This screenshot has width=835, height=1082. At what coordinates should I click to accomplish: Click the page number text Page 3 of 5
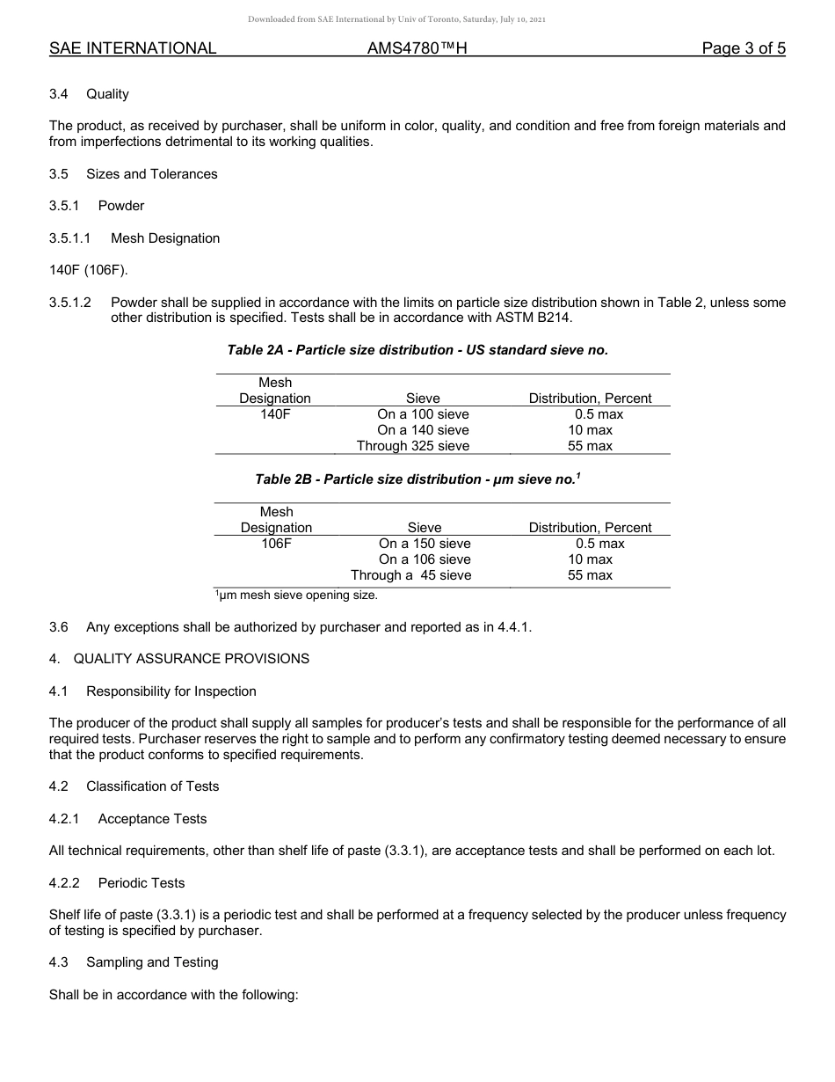743,49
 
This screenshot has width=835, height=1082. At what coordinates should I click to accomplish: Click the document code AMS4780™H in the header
417,49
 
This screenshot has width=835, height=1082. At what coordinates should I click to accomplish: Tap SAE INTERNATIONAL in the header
133,49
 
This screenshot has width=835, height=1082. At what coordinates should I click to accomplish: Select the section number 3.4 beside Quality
59,94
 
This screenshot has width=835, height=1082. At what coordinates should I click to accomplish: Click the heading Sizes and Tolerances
151,174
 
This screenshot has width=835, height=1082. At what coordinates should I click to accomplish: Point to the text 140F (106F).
89,270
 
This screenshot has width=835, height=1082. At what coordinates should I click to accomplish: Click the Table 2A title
417,350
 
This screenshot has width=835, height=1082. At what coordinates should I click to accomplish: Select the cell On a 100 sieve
423,414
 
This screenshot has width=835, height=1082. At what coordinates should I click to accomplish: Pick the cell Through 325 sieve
413,446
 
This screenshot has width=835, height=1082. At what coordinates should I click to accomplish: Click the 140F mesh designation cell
275,414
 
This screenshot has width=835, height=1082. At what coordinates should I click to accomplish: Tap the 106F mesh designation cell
276,544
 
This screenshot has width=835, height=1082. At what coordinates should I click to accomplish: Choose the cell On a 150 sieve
425,544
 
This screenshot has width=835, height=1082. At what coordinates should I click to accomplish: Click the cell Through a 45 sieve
410,575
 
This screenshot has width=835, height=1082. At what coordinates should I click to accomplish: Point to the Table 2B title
417,479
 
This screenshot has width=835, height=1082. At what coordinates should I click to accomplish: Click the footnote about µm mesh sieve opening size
296,596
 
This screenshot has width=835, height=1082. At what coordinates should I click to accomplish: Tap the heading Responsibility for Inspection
171,691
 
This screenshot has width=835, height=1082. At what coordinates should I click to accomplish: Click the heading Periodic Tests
148,883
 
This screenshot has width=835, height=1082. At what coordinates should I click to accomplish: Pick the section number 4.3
59,962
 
